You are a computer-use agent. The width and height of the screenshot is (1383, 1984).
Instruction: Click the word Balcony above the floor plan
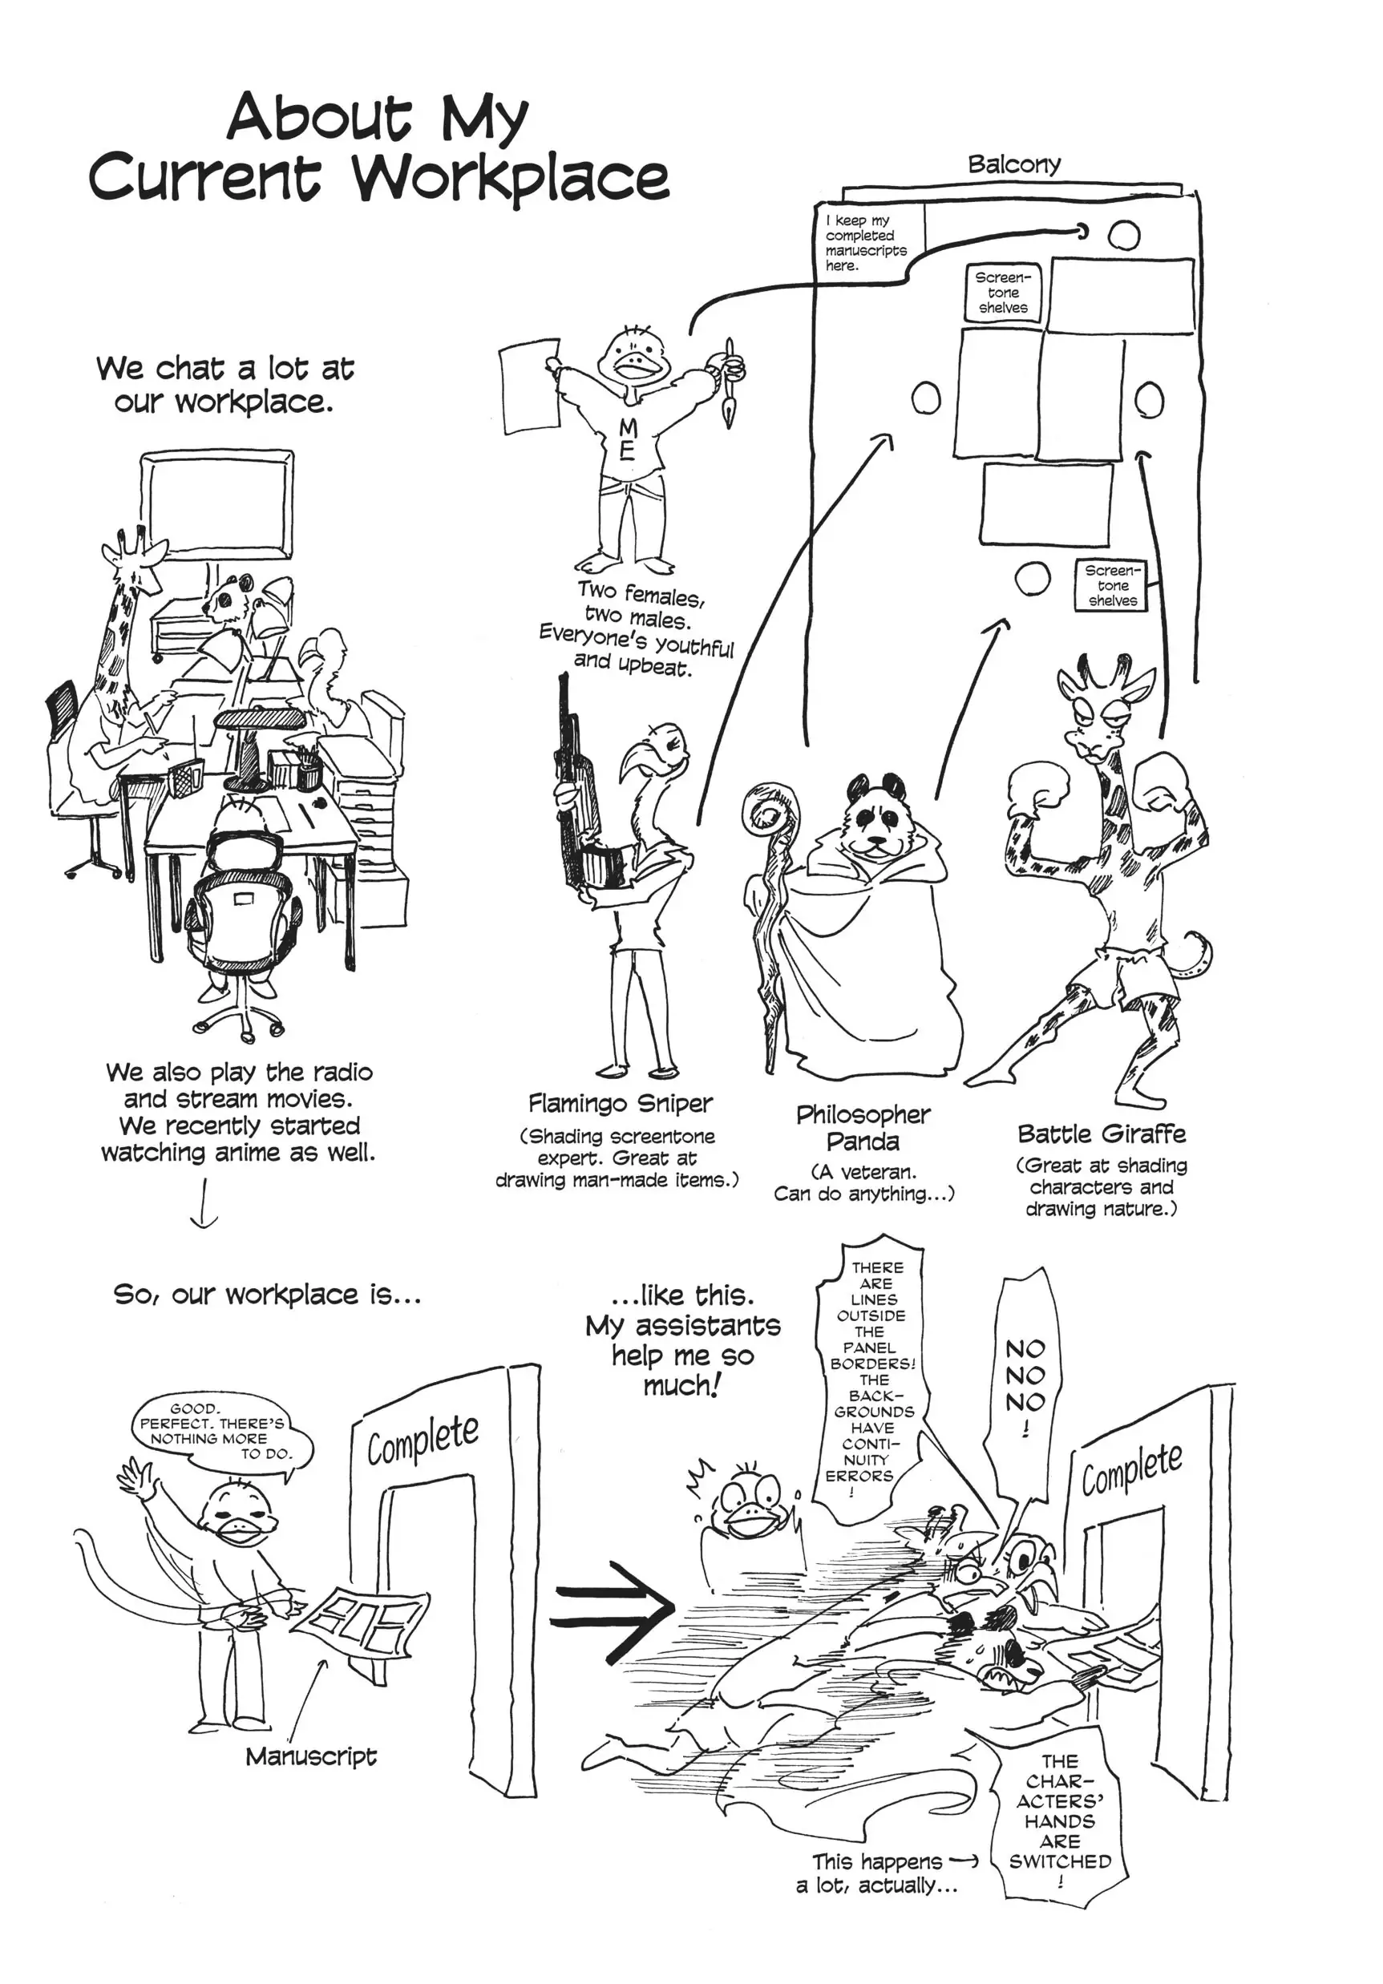coord(1013,164)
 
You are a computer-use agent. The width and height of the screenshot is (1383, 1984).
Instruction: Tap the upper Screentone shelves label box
coord(1003,293)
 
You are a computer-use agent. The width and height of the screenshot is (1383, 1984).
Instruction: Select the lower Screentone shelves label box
coord(1111,585)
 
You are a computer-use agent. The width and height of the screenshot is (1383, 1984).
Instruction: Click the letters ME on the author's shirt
coord(628,439)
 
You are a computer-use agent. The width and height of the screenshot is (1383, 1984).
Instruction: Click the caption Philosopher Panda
coord(862,1128)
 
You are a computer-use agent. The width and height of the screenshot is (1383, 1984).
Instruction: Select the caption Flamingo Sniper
coord(620,1104)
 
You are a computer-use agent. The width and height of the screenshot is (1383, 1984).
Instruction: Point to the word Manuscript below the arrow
coord(311,1756)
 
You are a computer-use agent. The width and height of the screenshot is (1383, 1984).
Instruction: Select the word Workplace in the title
coord(509,179)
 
